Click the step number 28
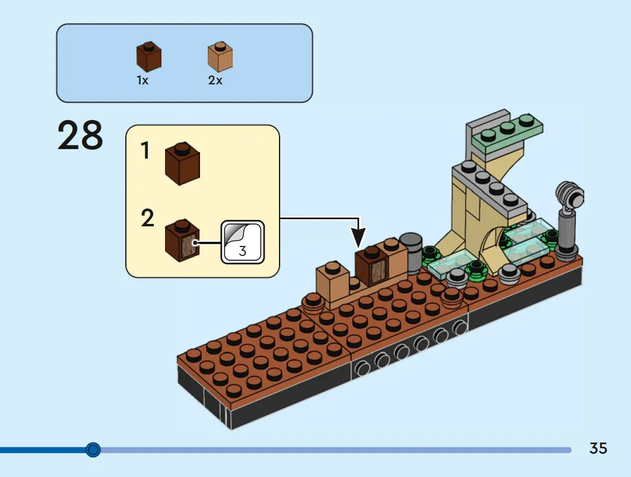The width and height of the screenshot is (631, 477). pos(80,135)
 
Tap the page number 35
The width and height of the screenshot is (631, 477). pos(598,448)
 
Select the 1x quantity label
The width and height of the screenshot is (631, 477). pos(142,81)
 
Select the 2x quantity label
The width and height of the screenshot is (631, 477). pos(215,81)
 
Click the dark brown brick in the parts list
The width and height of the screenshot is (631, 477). pos(149,56)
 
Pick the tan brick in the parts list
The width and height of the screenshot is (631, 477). pos(220,56)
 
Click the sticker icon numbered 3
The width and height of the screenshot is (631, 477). pos(243,242)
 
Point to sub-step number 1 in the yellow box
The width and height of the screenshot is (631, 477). pos(145,150)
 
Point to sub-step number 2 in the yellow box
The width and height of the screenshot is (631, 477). pos(147,218)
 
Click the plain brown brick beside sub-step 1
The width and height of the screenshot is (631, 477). pos(182,163)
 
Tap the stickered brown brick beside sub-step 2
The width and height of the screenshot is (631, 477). pos(182,241)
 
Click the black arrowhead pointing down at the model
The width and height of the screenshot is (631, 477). pos(358,237)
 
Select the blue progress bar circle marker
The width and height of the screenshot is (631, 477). pos(93,450)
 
